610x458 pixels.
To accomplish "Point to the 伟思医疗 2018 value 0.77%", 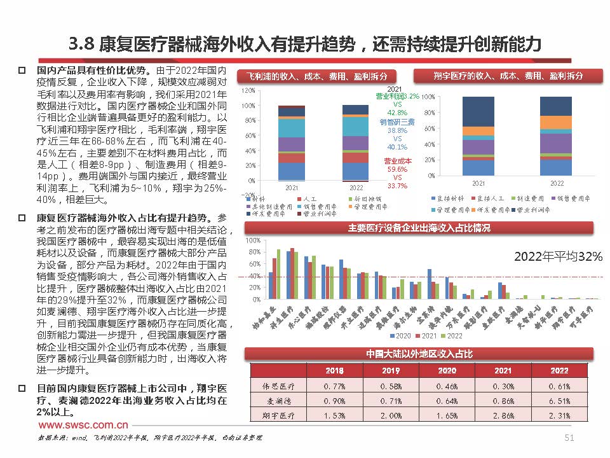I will (334, 386).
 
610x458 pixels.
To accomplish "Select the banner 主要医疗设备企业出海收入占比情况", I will (419, 228).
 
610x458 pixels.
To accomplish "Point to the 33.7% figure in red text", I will (397, 186).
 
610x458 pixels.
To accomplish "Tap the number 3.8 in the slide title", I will (81, 44).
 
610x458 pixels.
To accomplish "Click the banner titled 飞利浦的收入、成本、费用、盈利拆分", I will (317, 76).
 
